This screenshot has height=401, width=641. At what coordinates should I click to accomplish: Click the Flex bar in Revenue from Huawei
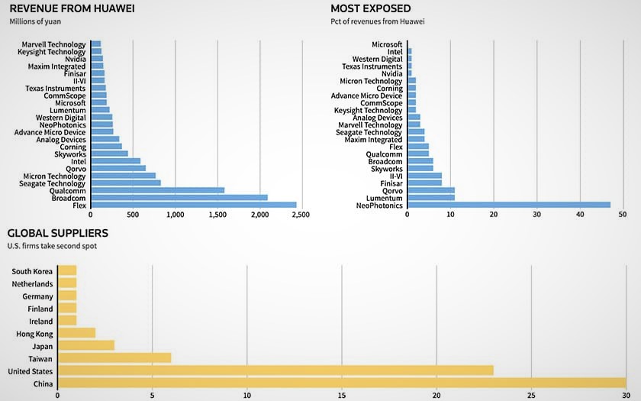pos(193,205)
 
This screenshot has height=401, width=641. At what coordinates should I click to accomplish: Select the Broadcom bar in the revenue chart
pos(179,197)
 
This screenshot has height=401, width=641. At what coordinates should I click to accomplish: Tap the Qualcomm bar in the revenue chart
pos(157,190)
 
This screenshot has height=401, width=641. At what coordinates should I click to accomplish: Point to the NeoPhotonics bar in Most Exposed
pos(509,205)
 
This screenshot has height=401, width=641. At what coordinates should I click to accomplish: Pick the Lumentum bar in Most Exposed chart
pos(431,197)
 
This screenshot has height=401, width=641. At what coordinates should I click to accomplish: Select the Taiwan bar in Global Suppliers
pos(114,357)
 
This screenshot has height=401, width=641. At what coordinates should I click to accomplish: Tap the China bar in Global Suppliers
pos(342,383)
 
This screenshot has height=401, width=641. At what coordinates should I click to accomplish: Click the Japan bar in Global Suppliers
pos(85,345)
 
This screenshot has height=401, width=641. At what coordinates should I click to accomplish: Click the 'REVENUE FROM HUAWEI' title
pos(66,8)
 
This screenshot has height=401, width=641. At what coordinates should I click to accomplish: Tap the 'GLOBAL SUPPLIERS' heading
pos(57,233)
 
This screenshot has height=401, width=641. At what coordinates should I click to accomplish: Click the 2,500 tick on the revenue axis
pos(301,215)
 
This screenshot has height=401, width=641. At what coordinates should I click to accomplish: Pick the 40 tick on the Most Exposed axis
pos(580,215)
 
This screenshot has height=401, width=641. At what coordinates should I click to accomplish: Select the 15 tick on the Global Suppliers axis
pos(342,395)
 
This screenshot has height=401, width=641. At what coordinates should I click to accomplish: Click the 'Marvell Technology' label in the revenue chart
pos(53,44)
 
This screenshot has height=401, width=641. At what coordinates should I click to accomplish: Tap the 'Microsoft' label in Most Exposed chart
pos(387,44)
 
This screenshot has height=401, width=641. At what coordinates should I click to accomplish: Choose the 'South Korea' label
pos(32,271)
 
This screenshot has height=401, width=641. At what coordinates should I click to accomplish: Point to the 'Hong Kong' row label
pos(34,334)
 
